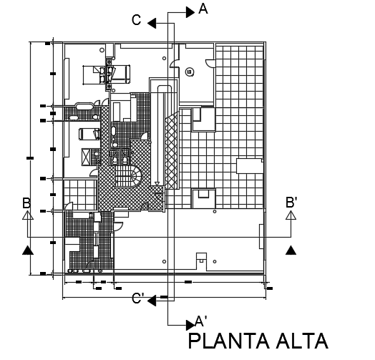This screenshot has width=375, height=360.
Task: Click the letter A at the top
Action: [203, 9]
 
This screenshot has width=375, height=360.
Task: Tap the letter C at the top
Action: [136, 21]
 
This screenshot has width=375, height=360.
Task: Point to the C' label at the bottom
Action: [137, 300]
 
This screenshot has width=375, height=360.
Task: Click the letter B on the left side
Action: [26, 203]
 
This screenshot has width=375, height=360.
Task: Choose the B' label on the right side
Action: [293, 203]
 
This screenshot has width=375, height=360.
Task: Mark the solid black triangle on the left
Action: [27, 250]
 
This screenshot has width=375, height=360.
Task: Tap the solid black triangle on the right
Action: [291, 250]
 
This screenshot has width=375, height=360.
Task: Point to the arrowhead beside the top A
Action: [190, 11]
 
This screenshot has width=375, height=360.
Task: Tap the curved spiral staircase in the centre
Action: [130, 175]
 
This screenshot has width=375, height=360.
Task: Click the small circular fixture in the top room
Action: [190, 71]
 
